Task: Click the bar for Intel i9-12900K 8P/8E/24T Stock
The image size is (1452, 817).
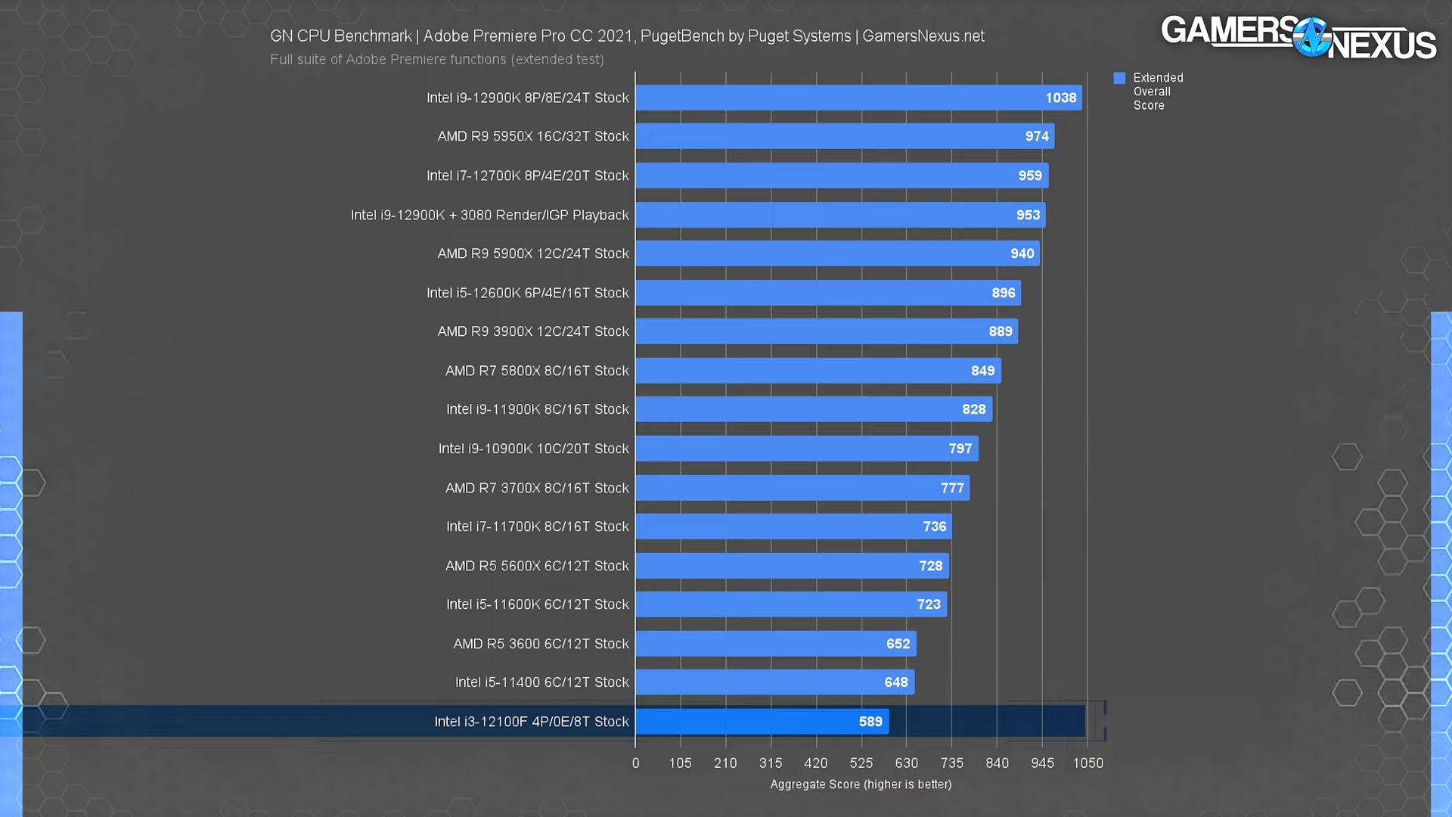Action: (x=858, y=98)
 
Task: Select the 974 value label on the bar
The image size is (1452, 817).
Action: (x=1037, y=136)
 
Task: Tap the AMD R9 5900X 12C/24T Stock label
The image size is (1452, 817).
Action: (x=532, y=253)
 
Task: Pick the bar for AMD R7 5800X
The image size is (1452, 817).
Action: (x=818, y=371)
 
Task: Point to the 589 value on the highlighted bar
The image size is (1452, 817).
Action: (x=870, y=722)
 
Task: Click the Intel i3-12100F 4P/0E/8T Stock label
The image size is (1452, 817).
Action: (x=531, y=722)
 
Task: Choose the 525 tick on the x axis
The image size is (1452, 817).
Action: (x=861, y=763)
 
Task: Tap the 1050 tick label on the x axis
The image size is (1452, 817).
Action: (x=1087, y=763)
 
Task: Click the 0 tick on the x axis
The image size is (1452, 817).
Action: (x=635, y=763)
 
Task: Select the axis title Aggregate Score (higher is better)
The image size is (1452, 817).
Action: (x=861, y=784)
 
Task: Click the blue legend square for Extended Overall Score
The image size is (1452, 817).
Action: (x=1119, y=78)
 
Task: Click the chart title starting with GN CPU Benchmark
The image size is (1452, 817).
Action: (x=627, y=36)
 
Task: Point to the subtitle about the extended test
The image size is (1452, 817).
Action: (x=436, y=59)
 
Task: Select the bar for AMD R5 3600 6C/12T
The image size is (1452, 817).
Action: (x=775, y=644)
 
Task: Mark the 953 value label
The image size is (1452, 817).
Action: (x=1028, y=215)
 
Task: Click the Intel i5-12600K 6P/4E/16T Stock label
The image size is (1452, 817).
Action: (x=527, y=293)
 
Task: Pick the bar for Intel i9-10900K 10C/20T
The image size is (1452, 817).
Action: (x=806, y=449)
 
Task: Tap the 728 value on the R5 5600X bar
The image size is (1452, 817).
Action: (x=930, y=566)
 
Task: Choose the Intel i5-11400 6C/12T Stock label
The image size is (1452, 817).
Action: (x=541, y=682)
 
